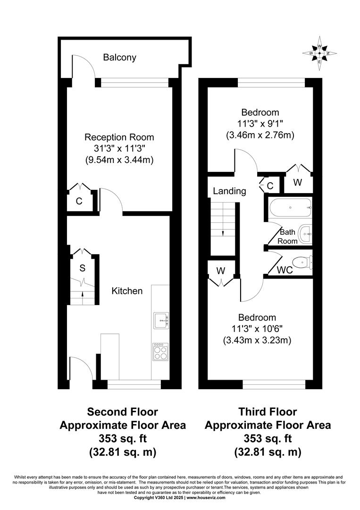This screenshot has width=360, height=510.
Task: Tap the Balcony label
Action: (x=120, y=58)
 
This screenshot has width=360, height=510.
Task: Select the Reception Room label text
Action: (x=119, y=137)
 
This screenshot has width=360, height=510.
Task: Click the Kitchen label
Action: (x=127, y=291)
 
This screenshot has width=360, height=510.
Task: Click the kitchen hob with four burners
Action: (x=160, y=351)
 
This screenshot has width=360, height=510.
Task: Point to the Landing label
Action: (x=229, y=191)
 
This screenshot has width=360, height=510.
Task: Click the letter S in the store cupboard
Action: (x=82, y=268)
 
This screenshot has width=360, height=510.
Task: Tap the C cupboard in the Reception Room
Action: (x=79, y=201)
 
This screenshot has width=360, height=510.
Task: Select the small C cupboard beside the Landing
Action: (x=270, y=186)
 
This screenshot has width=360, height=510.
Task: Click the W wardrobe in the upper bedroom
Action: (x=297, y=183)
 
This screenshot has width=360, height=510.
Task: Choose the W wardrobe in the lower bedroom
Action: (x=220, y=271)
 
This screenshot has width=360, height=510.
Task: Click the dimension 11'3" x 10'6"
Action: (x=257, y=328)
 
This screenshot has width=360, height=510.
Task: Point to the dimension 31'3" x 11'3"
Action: (x=119, y=149)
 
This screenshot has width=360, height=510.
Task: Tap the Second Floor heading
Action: (x=123, y=412)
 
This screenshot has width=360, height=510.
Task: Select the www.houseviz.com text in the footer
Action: (x=206, y=498)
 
